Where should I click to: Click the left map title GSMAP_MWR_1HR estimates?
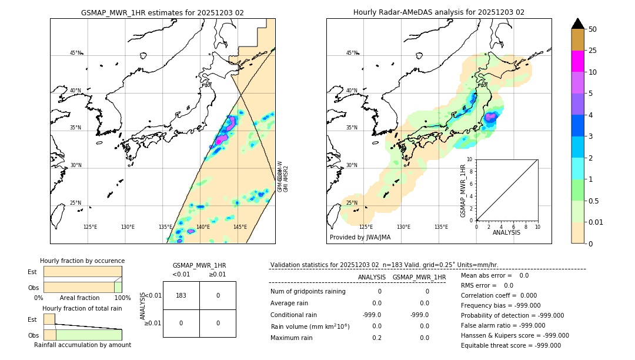162,12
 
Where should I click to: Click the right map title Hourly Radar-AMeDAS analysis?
439,12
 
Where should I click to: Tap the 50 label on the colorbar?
593,29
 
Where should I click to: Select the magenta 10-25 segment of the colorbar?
577,61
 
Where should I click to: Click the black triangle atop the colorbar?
577,24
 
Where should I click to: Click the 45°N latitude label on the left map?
75,53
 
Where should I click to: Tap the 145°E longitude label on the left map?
240,227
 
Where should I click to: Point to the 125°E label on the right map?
366,227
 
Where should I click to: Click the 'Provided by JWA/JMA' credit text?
360,238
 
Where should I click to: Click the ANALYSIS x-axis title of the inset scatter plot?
507,233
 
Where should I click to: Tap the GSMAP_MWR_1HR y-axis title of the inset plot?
463,191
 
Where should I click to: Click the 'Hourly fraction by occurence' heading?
82,261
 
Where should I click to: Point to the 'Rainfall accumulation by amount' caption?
82,345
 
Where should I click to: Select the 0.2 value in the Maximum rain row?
376,338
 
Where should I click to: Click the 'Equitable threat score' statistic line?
511,345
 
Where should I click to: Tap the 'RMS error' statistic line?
487,285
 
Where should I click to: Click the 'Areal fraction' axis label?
79,298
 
